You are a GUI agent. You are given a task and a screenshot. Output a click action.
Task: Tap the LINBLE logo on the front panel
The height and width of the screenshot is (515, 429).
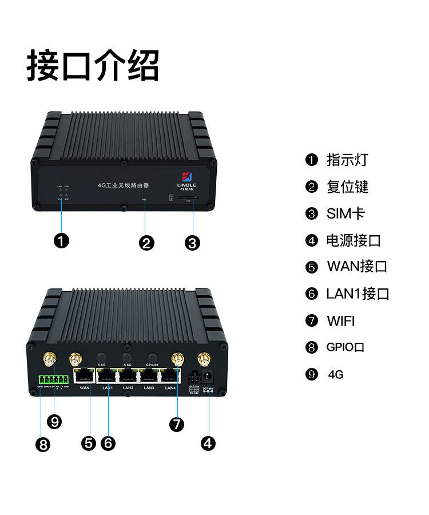coord(187,179)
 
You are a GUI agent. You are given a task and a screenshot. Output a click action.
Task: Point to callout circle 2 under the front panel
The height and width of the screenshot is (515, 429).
coord(146,243)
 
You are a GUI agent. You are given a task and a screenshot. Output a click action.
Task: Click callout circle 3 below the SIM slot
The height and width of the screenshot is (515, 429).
coord(193,243)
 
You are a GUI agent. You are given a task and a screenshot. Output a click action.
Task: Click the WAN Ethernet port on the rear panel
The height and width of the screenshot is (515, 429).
coord(85,375)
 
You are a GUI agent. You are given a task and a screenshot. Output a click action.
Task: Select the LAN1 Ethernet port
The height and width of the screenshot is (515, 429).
coord(107,375)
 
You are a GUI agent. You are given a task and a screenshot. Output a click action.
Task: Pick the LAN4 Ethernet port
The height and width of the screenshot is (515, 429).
coord(170,375)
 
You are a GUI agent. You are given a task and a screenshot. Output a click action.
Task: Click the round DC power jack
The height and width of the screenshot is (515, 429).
coord(209,375)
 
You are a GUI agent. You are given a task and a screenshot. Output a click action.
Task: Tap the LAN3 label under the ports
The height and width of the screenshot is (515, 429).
coord(149,389)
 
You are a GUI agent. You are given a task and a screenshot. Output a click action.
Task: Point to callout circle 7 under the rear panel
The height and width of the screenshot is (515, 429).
coord(177,424)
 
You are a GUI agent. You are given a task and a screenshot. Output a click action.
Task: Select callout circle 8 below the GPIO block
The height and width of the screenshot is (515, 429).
coord(42,445)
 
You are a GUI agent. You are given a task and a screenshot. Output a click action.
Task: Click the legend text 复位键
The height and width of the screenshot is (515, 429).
coord(347,187)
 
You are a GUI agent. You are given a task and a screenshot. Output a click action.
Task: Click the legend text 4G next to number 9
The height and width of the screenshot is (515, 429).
coord(336,375)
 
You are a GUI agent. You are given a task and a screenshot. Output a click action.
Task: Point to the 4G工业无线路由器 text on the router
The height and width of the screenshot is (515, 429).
coord(124,185)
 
